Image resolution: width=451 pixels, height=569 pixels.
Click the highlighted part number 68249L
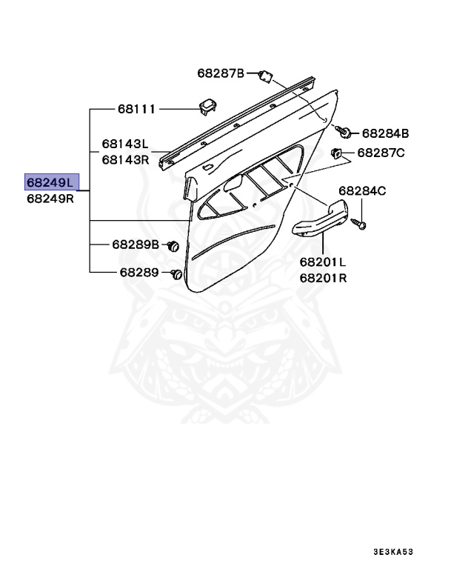point(51,182)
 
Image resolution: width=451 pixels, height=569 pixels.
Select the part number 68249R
point(51,199)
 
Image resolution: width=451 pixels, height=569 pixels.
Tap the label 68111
point(136,109)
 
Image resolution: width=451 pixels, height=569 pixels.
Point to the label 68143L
point(125,144)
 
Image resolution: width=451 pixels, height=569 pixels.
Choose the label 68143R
point(125,159)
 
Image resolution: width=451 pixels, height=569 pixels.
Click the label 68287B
point(220,73)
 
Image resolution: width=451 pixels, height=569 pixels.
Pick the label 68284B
point(385,133)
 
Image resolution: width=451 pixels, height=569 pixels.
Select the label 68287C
point(381,153)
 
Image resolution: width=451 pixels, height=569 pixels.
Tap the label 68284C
point(363,190)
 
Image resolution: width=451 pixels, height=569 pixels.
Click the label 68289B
point(136,244)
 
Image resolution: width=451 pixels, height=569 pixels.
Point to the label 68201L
point(323,262)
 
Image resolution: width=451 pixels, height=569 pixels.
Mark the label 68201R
point(323,278)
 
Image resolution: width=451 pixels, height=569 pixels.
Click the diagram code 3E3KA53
point(392,553)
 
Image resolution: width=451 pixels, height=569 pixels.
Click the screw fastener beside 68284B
point(344,133)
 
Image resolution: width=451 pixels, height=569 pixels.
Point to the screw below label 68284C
point(360,222)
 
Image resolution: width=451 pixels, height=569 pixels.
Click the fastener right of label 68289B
point(173,244)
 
